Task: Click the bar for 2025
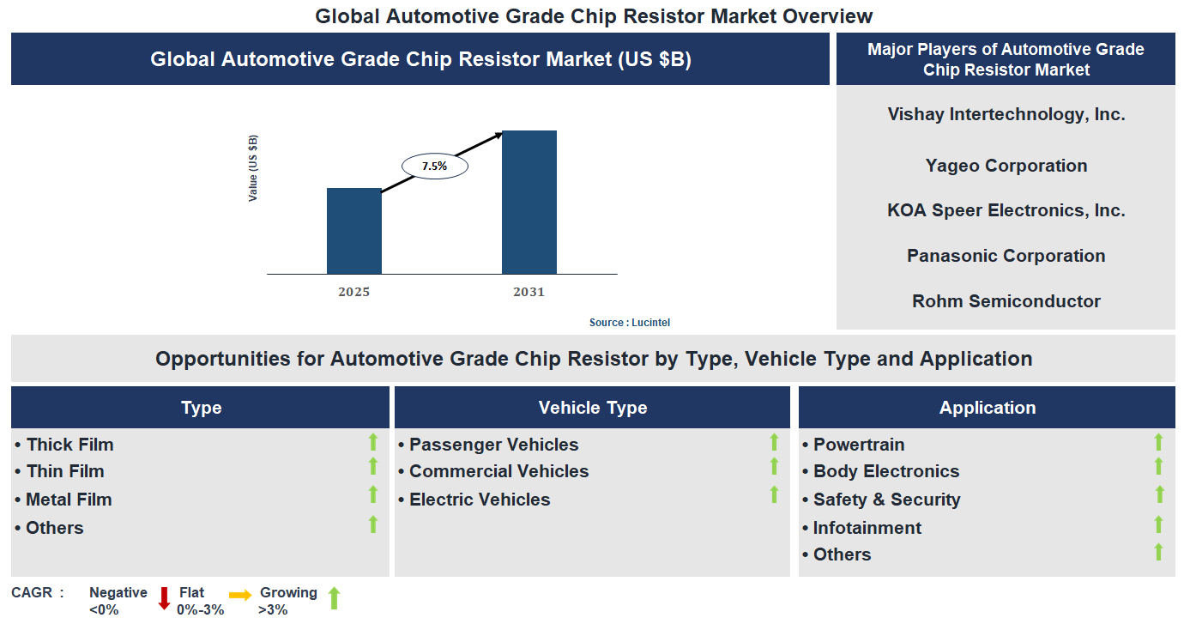click(x=353, y=231)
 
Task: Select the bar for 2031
click(x=529, y=203)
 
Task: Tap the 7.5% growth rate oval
click(x=434, y=166)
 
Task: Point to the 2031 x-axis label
click(x=529, y=292)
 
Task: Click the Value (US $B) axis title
click(x=253, y=168)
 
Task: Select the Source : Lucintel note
click(x=629, y=323)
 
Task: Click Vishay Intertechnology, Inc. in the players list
click(x=1006, y=114)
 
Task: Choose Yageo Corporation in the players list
click(x=1006, y=166)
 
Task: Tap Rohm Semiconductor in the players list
click(x=1006, y=301)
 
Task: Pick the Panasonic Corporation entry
click(x=1006, y=256)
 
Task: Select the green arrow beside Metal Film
click(x=373, y=495)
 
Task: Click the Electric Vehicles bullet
click(x=479, y=500)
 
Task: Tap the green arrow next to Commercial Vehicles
click(x=774, y=467)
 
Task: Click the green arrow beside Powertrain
click(x=1158, y=443)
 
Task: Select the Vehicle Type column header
click(x=592, y=408)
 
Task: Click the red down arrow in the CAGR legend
click(x=164, y=597)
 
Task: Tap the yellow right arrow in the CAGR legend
click(x=240, y=594)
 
